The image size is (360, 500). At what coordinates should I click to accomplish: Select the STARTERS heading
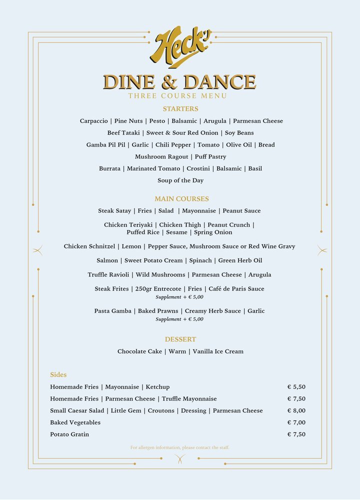click(x=180, y=109)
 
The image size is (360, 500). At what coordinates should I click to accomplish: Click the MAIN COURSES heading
click(x=181, y=199)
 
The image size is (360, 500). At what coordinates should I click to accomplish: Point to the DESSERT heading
click(x=180, y=339)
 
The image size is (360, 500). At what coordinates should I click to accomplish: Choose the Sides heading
click(x=58, y=375)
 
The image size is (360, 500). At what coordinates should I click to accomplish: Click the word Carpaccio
click(x=93, y=121)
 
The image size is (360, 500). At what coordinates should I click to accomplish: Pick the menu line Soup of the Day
click(x=180, y=180)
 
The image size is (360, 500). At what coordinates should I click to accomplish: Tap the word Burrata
click(x=109, y=168)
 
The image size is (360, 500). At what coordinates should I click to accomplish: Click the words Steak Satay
click(x=114, y=211)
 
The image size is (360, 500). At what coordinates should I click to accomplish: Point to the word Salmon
click(x=107, y=260)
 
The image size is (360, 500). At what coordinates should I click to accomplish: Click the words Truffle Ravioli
click(x=104, y=275)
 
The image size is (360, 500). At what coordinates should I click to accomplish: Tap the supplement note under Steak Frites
click(x=179, y=297)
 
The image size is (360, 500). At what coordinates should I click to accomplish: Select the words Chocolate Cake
click(x=139, y=351)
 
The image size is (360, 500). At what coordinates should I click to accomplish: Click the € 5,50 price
click(x=296, y=387)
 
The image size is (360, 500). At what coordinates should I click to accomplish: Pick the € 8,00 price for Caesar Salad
click(x=296, y=411)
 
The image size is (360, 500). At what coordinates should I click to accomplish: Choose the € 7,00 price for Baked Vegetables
click(x=296, y=423)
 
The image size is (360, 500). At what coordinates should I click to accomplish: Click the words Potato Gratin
click(x=69, y=434)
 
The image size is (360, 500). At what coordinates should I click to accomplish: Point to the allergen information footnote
click(x=180, y=447)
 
